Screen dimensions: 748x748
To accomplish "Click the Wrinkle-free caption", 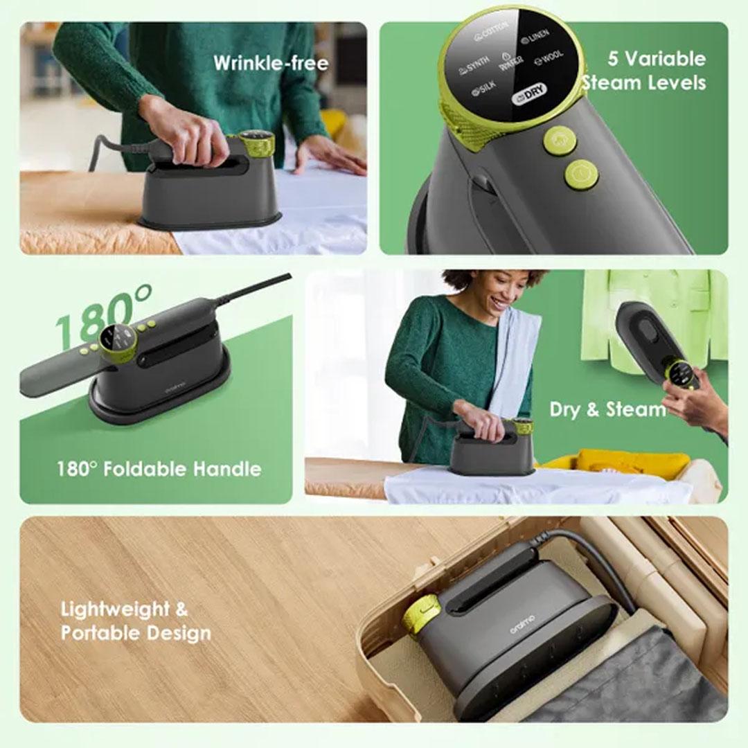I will (x=271, y=63).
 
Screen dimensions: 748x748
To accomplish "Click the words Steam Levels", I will (x=644, y=83).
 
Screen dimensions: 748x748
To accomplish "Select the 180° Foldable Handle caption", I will (x=159, y=469).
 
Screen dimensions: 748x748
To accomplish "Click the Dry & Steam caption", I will (x=607, y=409).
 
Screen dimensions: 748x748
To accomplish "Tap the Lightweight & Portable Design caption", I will (x=135, y=621).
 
